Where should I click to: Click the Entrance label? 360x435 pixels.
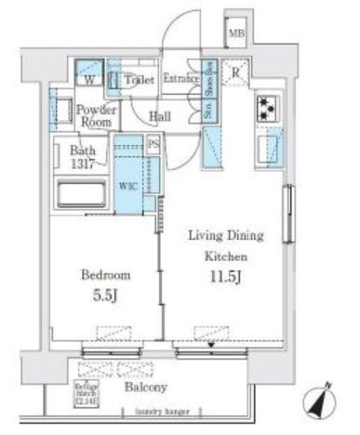(x=181, y=79)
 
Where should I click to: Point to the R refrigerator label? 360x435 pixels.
(x=237, y=73)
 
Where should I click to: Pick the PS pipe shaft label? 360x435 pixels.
(x=153, y=144)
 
